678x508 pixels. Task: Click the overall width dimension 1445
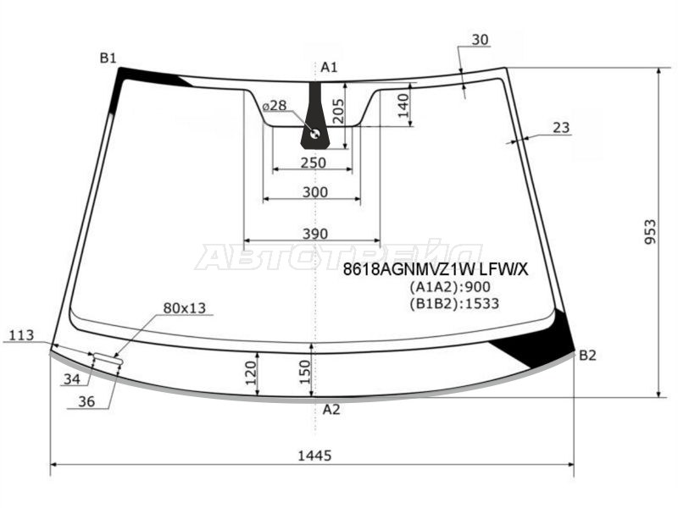pos(314,456)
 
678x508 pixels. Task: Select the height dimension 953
pos(650,232)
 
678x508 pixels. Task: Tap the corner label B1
pos(108,58)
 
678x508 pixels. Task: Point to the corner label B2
pos(587,355)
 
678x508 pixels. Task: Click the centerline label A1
pos(329,67)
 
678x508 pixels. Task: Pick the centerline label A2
pos(331,409)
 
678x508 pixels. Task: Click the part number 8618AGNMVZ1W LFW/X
pos(436,270)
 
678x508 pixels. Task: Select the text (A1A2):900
pos(450,287)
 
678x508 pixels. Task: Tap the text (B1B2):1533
pos(454,304)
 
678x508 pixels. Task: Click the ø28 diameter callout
pos(275,105)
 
